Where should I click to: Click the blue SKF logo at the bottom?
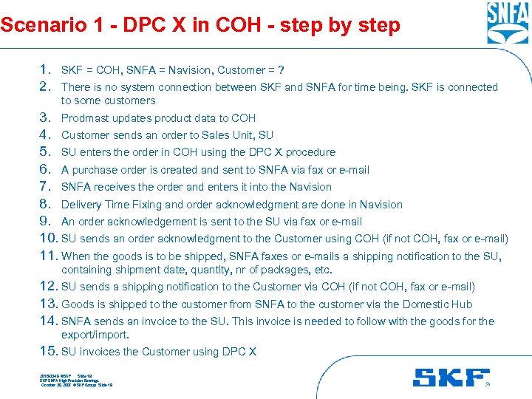(x=451, y=377)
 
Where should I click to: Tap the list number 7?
(x=46, y=187)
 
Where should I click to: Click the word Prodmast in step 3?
(x=85, y=118)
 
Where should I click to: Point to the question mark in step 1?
(x=281, y=70)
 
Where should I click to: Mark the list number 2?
(x=46, y=87)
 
